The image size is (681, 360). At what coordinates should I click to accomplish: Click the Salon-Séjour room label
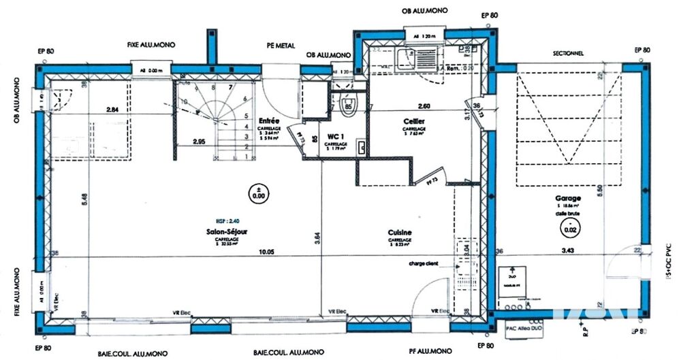[228, 231]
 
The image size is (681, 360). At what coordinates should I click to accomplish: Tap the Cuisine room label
[400, 231]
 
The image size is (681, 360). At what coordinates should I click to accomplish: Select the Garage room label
[568, 199]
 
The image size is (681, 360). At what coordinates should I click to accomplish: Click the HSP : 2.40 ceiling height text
[228, 222]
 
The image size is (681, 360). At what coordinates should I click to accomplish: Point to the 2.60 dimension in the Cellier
[424, 105]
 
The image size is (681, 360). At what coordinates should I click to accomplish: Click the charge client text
[424, 263]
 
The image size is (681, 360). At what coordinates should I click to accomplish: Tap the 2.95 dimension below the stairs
[200, 142]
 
